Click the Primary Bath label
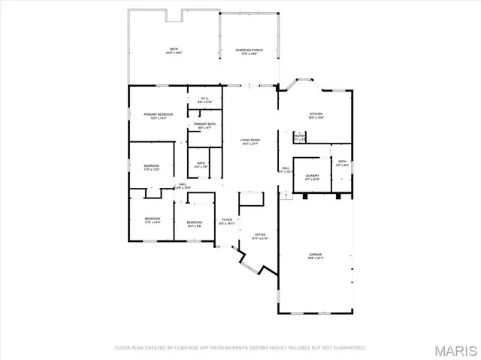pos(204,126)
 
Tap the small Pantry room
pos(300,138)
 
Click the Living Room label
pos(250,141)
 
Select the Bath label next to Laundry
pos(342,162)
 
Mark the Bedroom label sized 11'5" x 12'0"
pos(152,168)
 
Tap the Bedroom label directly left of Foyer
pos(194,222)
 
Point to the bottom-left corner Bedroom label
pos(153,220)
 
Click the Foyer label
pos(226,222)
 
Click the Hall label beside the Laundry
pos(286,170)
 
